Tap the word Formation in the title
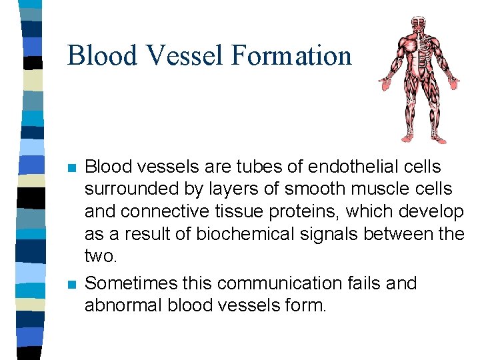(x=291, y=55)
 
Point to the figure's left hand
(x=453, y=83)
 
